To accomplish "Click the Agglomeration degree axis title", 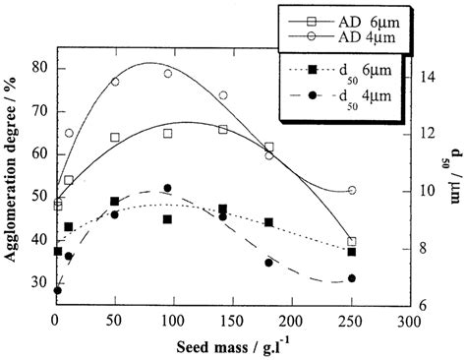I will tap(13, 177).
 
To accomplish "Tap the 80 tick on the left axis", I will tap(39, 68).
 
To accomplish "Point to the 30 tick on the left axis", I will tap(39, 283).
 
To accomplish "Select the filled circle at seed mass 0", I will tap(58, 290).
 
